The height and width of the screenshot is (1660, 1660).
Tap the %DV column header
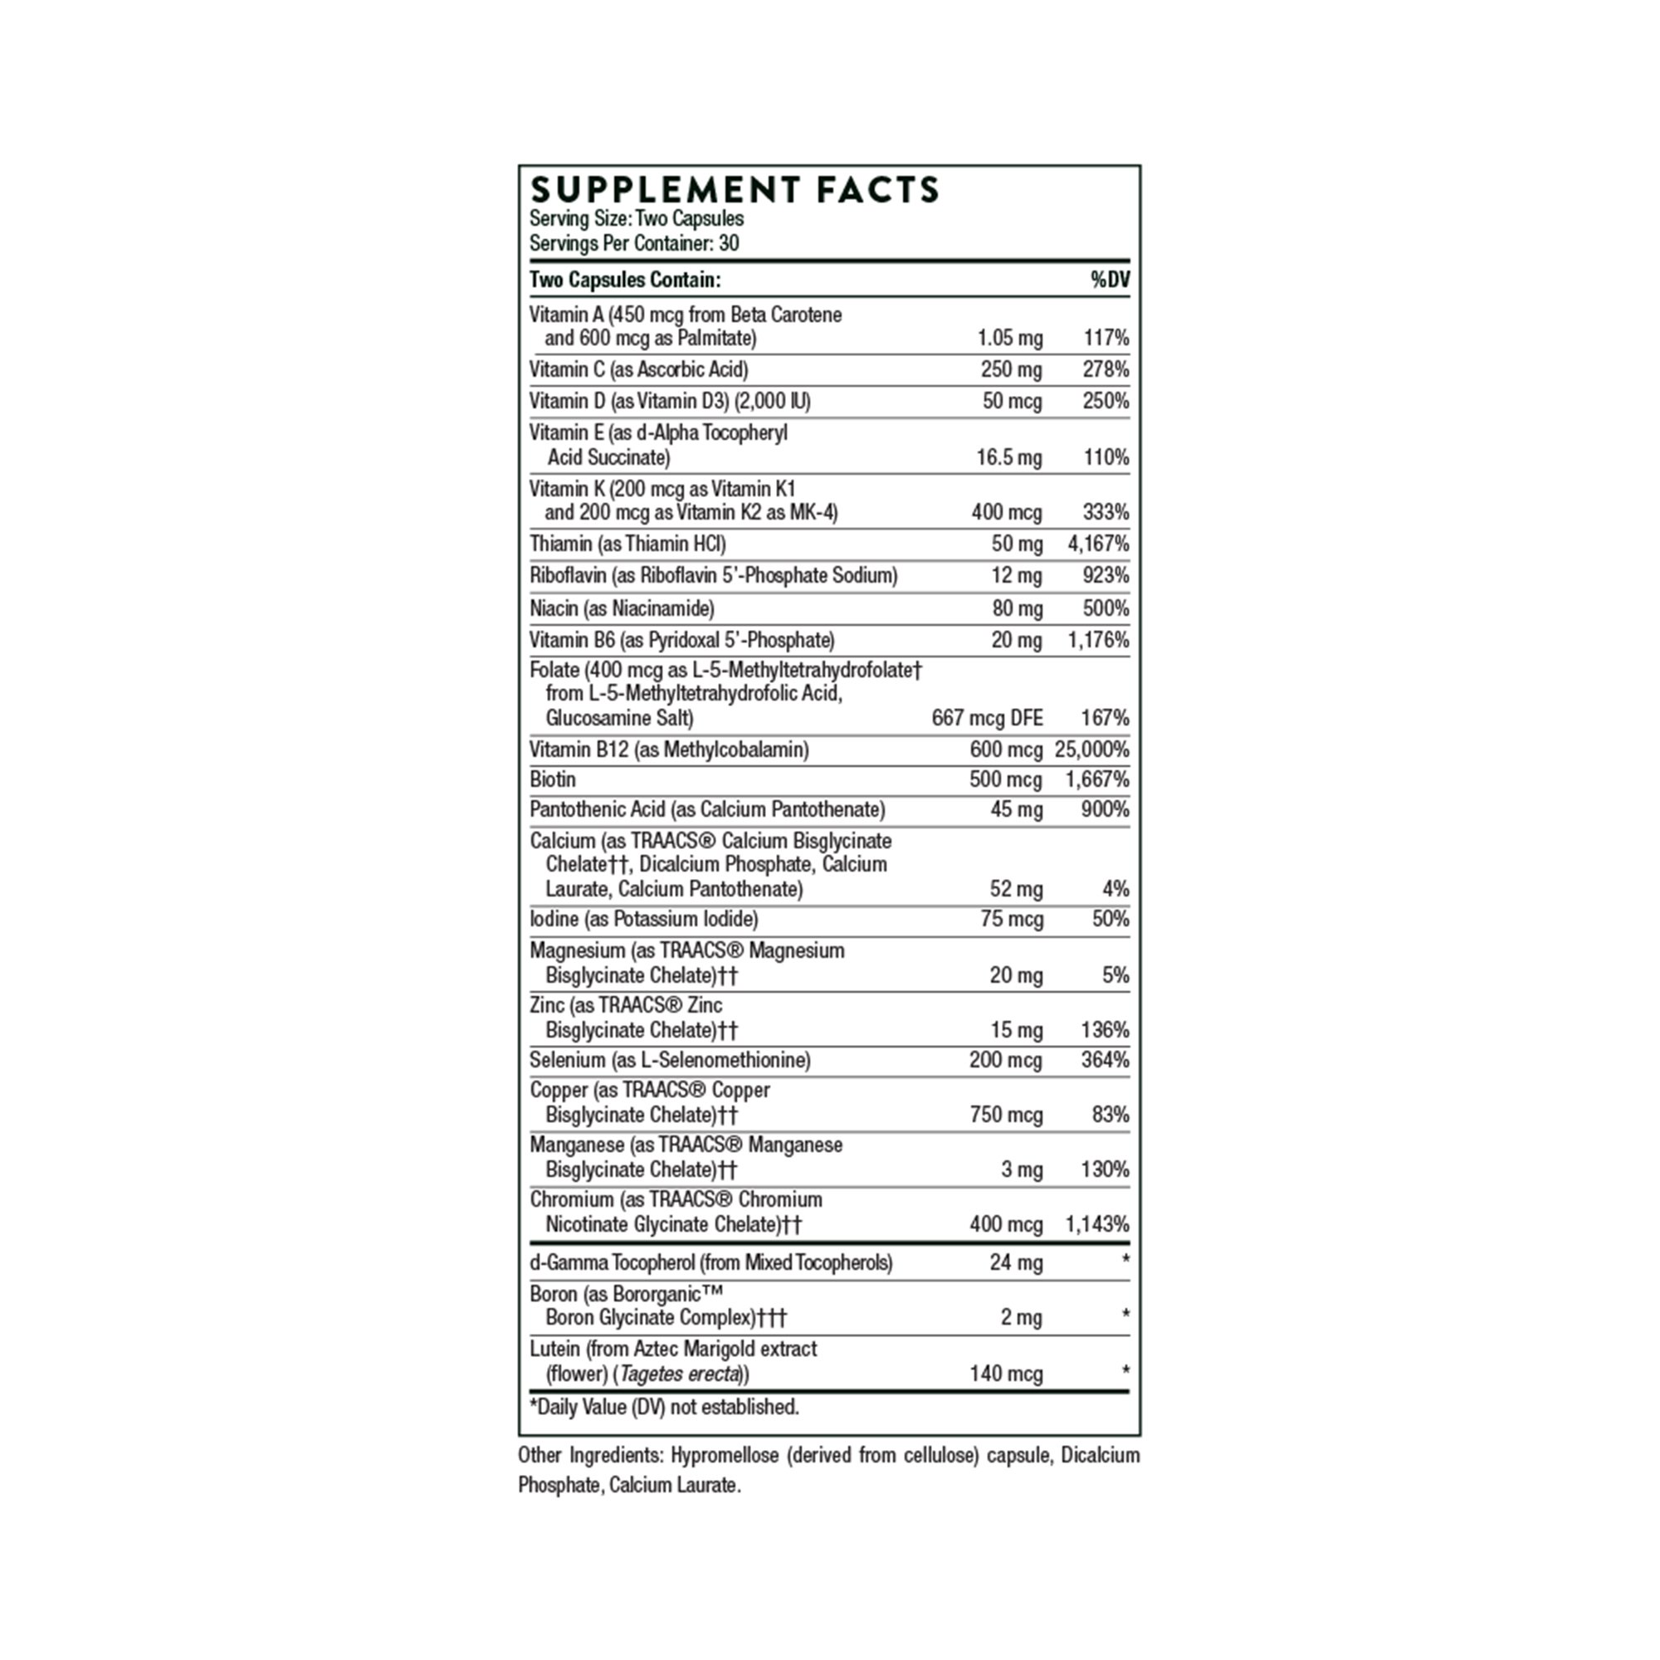1110,280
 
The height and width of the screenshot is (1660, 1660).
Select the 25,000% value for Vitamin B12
1091,749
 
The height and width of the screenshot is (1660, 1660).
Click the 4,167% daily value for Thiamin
1098,544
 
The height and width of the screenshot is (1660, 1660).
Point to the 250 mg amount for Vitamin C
1011,369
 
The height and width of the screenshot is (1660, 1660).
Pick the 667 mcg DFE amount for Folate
987,717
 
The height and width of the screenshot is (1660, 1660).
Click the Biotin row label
553,779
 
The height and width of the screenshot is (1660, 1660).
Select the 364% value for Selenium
1105,1059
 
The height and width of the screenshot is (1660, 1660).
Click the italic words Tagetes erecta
680,1374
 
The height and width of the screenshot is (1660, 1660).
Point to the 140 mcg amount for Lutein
1006,1374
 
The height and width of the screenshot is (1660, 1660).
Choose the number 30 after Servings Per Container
729,243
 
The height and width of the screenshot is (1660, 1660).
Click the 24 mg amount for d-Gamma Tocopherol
1016,1262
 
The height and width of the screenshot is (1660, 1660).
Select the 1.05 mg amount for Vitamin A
1009,338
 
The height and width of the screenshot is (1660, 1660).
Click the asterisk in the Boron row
1125,1316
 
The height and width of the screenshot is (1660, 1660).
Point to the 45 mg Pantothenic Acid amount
1017,809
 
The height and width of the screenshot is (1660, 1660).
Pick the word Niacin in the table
554,608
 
